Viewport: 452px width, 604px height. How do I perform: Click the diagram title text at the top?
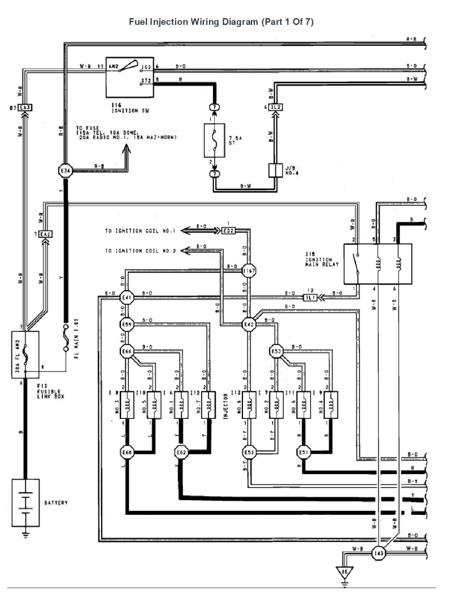221,22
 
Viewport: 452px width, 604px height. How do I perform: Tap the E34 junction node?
66,170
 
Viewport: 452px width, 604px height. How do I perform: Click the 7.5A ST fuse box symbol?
214,141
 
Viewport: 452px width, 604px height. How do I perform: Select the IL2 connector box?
275,107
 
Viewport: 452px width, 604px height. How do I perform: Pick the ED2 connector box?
229,231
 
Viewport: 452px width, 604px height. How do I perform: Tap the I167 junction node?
249,272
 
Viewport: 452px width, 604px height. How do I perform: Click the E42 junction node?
249,324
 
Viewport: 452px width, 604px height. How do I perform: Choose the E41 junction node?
126,298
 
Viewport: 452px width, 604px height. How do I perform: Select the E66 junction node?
126,351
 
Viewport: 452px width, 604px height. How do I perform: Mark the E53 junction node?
276,351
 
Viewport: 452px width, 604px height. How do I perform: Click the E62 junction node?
181,452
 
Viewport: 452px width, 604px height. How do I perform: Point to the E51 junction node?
303,452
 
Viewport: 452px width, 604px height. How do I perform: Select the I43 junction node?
379,553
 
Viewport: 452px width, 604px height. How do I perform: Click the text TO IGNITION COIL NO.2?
141,251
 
